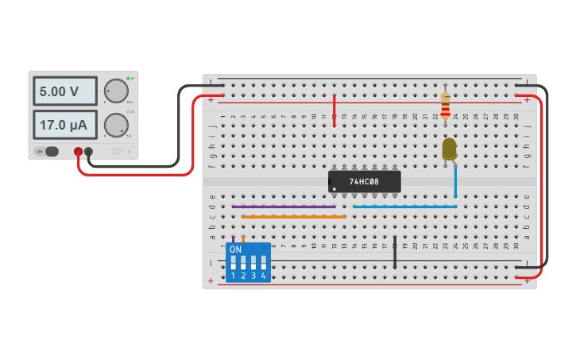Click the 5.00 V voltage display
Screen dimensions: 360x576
tap(64, 91)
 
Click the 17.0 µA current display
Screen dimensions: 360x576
tap(64, 125)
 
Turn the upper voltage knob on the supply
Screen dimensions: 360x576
tap(116, 91)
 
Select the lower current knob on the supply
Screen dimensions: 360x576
tap(116, 125)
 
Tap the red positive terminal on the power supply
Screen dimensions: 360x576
tap(78, 151)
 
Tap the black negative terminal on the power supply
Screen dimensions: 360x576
tap(88, 151)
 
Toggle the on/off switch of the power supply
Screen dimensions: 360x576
tap(49, 151)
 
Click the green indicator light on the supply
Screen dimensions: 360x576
tap(128, 79)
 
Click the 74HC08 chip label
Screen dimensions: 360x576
tap(364, 182)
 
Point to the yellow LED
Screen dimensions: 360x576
tap(449, 149)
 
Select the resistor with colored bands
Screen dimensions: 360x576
tap(445, 105)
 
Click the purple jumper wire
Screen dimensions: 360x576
tap(284, 207)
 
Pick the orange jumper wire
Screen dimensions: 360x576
tap(294, 216)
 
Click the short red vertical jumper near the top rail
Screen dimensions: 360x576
tap(334, 110)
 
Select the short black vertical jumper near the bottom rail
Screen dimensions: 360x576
tap(395, 252)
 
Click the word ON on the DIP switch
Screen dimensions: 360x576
tap(235, 249)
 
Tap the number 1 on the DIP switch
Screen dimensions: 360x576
tap(233, 276)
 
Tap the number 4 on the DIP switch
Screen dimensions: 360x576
tap(263, 276)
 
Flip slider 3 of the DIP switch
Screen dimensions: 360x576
tap(253, 261)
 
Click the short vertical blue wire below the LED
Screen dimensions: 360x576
tap(455, 183)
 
